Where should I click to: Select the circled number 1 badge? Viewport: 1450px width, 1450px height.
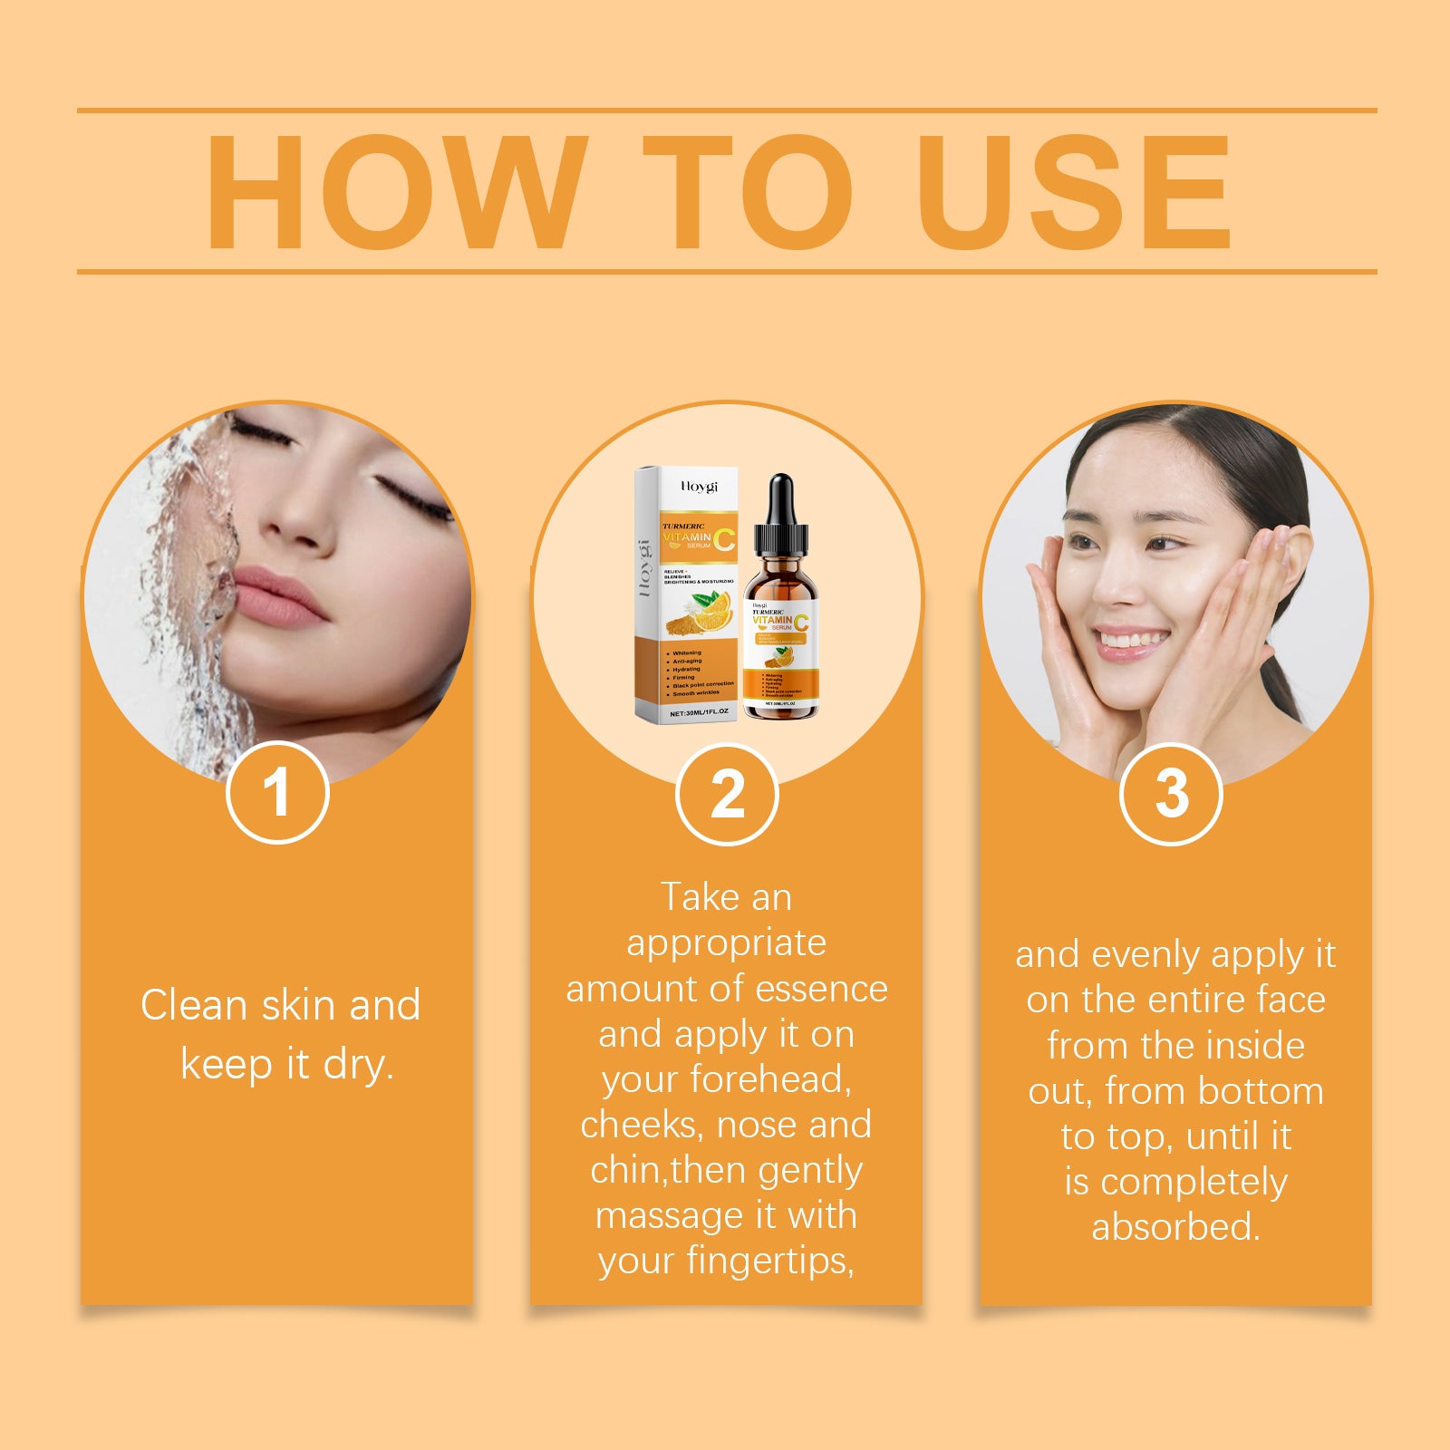click(x=277, y=793)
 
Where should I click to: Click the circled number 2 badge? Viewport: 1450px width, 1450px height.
click(x=727, y=795)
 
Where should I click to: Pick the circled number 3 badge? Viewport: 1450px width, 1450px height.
click(x=1171, y=794)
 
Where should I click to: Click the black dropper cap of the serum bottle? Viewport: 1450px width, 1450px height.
click(x=780, y=517)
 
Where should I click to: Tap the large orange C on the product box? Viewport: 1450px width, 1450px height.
click(x=724, y=538)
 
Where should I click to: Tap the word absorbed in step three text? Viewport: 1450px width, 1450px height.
click(x=1175, y=1227)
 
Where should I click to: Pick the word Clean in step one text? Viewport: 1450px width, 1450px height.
click(x=194, y=1005)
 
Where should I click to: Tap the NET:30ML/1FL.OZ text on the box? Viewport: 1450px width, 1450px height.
click(x=698, y=712)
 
